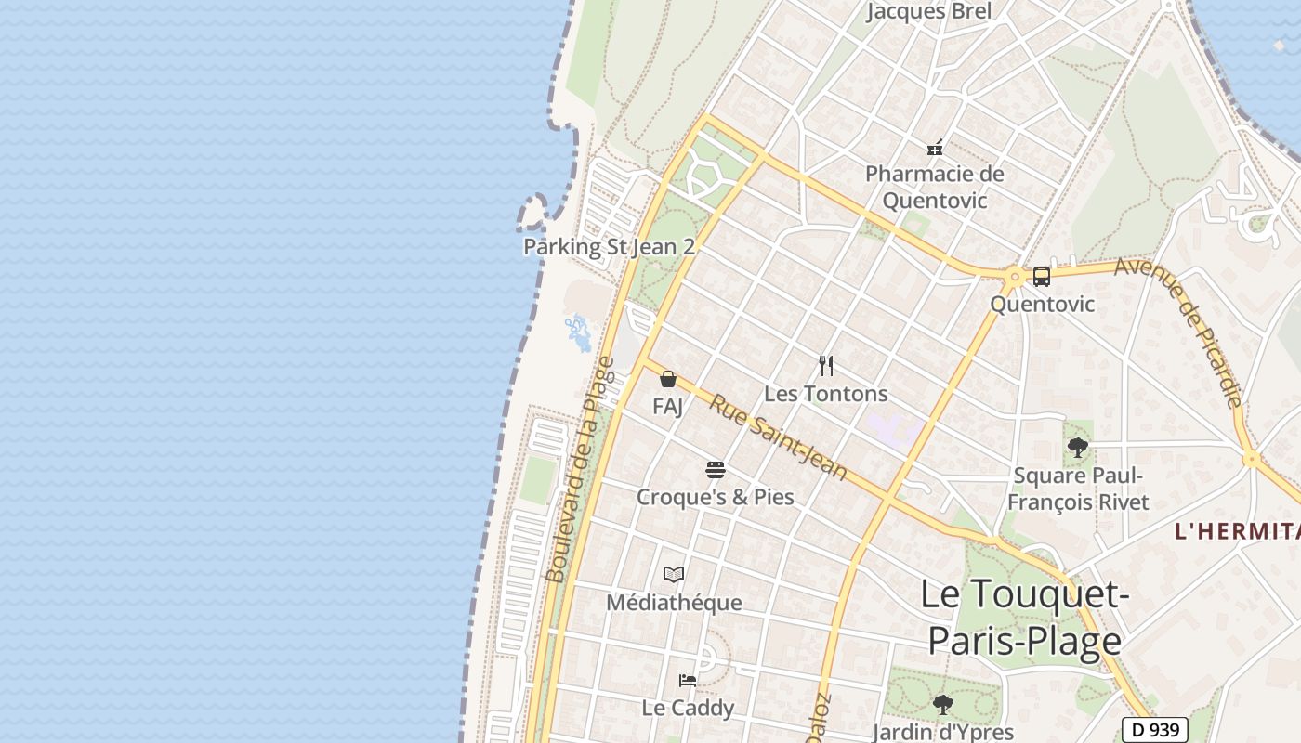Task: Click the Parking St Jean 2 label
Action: (609, 247)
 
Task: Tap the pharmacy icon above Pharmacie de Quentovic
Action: (935, 147)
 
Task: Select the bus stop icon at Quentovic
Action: (1042, 276)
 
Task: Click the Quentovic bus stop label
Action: (1042, 304)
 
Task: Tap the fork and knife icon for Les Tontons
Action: (825, 365)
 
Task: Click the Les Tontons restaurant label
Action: (825, 394)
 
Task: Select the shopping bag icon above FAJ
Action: (667, 378)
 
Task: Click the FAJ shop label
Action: (667, 406)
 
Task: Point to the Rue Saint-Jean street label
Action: (779, 437)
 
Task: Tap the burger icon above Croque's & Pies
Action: (715, 469)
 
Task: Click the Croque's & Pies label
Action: (715, 497)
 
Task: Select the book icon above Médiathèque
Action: (674, 575)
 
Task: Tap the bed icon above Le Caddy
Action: (688, 680)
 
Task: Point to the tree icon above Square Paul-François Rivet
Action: (1078, 448)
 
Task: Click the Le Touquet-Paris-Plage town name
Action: (1024, 618)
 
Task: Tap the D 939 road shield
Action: (1154, 730)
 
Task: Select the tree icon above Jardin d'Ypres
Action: (943, 704)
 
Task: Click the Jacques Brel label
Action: (929, 11)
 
